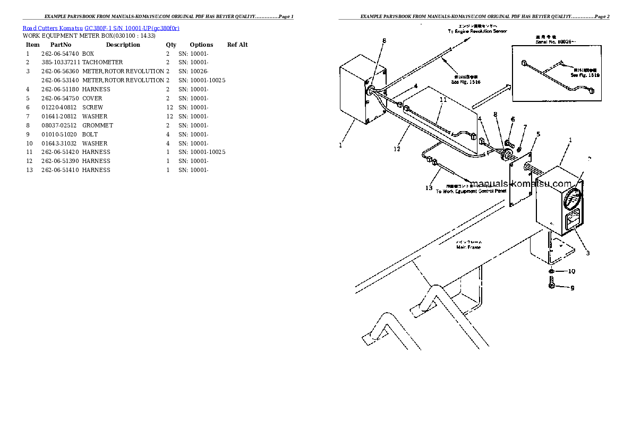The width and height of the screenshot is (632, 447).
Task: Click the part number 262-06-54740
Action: click(59, 54)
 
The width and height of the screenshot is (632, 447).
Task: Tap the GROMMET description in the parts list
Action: click(98, 125)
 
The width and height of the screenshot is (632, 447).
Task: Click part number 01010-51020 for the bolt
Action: click(59, 134)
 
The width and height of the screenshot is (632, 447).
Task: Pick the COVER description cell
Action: click(92, 98)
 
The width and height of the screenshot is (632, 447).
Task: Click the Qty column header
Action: click(171, 45)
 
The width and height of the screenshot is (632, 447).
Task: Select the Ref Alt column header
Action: click(237, 45)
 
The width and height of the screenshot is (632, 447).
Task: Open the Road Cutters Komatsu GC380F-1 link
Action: click(101, 28)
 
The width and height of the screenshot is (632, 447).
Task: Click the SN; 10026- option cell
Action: click(193, 72)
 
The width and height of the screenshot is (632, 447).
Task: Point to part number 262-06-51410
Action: click(59, 170)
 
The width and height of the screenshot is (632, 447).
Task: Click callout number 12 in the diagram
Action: click(397, 149)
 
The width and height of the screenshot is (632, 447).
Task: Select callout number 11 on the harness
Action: click(443, 99)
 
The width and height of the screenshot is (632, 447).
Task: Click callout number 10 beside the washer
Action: click(571, 271)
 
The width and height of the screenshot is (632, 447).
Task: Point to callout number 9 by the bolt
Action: click(572, 288)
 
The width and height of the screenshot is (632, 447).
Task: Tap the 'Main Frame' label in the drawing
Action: click(468, 247)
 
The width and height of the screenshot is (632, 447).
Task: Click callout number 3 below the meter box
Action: click(588, 253)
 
